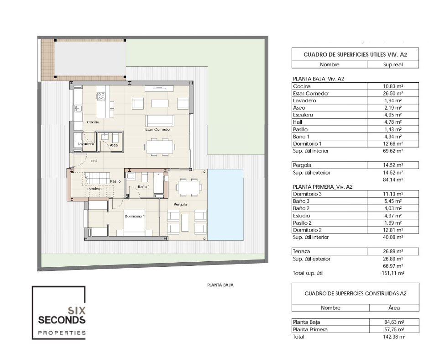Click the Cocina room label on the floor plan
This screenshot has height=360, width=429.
[x=93, y=122]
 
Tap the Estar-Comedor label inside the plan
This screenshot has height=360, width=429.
[x=158, y=129]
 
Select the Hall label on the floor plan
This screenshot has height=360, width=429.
[x=94, y=161]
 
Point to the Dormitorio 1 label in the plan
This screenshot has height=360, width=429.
[x=135, y=216]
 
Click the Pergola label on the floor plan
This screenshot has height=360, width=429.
[x=180, y=204]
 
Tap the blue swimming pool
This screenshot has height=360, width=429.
[x=225, y=205]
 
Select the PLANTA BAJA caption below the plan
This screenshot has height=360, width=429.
[x=220, y=285]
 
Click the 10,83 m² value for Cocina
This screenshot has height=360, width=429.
[x=392, y=86]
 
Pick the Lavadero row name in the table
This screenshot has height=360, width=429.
[x=304, y=101]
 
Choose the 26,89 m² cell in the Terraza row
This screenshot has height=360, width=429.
[x=392, y=252]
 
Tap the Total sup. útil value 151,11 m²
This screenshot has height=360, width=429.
[x=392, y=273]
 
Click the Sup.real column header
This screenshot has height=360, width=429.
[x=393, y=65]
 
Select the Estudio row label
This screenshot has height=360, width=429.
[x=301, y=216]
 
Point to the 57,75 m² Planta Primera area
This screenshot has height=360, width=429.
[x=393, y=329]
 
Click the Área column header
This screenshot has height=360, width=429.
[x=394, y=308]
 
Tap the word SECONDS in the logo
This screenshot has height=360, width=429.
[x=62, y=320]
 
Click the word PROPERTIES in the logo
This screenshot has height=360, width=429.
[x=62, y=333]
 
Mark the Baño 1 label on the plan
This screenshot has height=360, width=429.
[x=144, y=186]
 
